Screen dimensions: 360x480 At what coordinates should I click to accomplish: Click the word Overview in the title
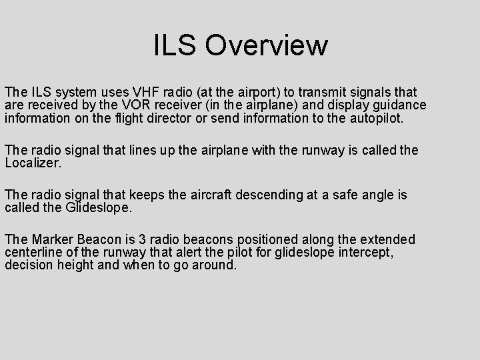point(267,45)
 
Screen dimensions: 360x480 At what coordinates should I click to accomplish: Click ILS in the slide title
point(175,45)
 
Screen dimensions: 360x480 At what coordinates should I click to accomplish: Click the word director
point(173,119)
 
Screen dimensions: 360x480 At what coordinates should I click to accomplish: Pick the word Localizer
point(33,163)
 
